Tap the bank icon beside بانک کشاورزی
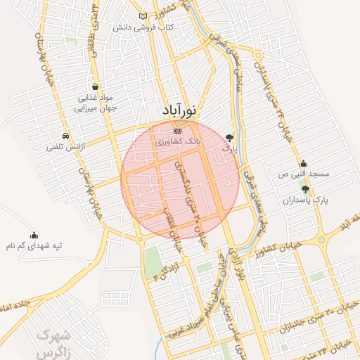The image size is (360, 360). pyautogui.click(x=177, y=131)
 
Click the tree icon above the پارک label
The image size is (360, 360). pyautogui.click(x=229, y=137)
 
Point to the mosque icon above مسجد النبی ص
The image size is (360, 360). pyautogui.click(x=303, y=163)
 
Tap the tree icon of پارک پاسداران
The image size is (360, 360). pyautogui.click(x=304, y=189)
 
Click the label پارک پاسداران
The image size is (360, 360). pyautogui.click(x=307, y=200)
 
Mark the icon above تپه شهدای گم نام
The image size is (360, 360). pyautogui.click(x=34, y=236)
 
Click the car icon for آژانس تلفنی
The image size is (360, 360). pyautogui.click(x=65, y=136)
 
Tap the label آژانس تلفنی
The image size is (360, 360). pyautogui.click(x=65, y=147)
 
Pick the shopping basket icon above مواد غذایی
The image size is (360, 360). pyautogui.click(x=94, y=87)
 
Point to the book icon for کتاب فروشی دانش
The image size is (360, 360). pyautogui.click(x=143, y=16)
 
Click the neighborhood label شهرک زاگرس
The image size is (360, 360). pyautogui.click(x=54, y=340)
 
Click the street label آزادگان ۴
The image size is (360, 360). pyautogui.click(x=162, y=270)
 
